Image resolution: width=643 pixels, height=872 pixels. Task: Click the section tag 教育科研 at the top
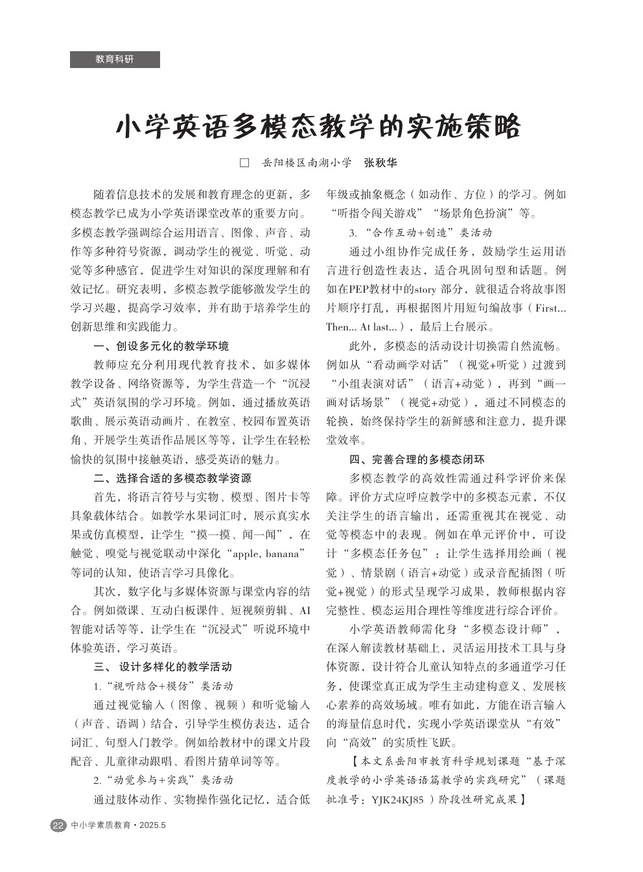(x=115, y=59)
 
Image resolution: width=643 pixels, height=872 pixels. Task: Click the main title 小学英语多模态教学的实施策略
(x=318, y=127)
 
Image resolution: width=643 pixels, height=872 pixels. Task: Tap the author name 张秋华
(x=380, y=163)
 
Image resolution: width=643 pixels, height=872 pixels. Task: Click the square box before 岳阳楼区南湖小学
(x=244, y=163)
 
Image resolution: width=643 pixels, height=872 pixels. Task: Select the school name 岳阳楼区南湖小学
(x=307, y=163)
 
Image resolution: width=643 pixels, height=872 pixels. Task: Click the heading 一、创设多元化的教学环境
(x=161, y=346)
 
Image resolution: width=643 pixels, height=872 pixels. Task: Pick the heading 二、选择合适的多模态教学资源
(x=172, y=479)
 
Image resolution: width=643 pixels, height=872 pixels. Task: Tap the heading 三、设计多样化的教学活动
(x=163, y=667)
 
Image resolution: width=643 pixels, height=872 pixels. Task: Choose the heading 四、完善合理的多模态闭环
(x=417, y=460)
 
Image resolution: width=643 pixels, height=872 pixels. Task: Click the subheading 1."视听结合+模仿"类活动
(x=163, y=685)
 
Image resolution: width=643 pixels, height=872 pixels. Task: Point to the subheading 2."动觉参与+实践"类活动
(x=163, y=779)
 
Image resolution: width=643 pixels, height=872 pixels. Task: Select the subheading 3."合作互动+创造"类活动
(x=420, y=232)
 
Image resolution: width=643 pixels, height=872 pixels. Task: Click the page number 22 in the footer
(x=58, y=825)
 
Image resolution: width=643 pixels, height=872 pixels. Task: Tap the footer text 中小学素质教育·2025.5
(x=119, y=825)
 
